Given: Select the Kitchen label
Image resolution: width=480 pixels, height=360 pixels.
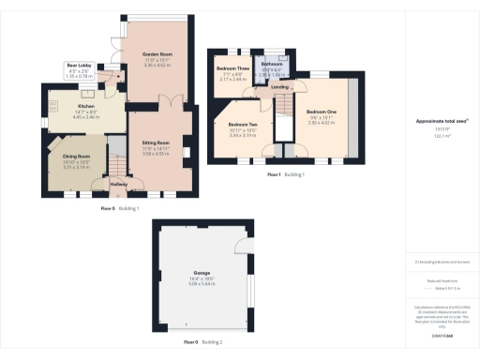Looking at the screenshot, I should click(x=86, y=106).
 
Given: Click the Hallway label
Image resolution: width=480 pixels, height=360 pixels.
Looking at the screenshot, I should click(x=119, y=184).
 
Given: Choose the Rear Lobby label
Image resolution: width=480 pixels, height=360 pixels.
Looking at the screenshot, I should click(x=79, y=65).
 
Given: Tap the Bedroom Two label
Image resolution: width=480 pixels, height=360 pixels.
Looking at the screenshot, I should click(x=242, y=125).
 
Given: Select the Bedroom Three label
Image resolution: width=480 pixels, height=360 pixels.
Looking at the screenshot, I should click(x=232, y=68).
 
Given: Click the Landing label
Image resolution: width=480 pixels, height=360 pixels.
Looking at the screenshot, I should click(x=280, y=87).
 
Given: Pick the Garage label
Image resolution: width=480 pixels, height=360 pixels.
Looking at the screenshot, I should click(x=202, y=273).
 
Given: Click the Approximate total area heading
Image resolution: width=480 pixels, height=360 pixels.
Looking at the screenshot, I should click(x=441, y=122).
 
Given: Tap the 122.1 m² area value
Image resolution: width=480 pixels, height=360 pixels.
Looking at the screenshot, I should click(x=441, y=137).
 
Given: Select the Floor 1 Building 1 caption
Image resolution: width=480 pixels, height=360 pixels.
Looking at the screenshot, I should click(x=286, y=174).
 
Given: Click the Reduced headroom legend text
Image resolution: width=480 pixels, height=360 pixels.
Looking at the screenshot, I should click(x=441, y=279).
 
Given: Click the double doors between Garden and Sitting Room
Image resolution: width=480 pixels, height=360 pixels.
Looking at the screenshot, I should click(x=165, y=101).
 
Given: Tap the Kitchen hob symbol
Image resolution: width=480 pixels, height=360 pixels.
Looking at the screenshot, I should click(x=55, y=104).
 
